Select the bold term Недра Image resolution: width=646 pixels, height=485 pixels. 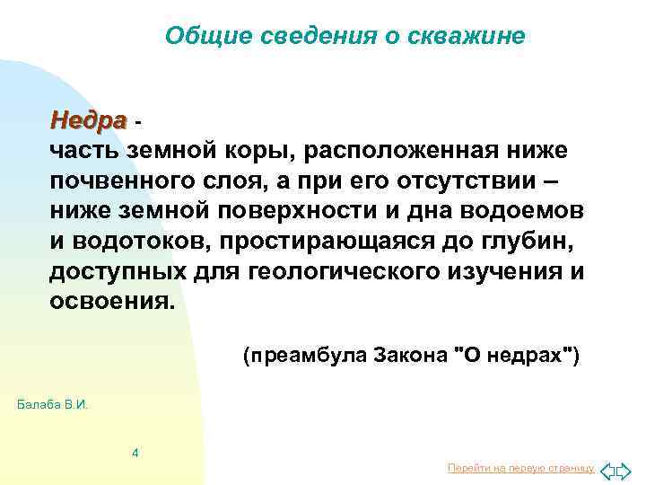[89, 119]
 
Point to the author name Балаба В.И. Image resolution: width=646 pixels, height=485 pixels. [53, 405]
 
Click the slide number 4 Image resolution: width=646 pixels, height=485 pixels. [135, 452]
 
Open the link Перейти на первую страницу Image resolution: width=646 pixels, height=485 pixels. [520, 469]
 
